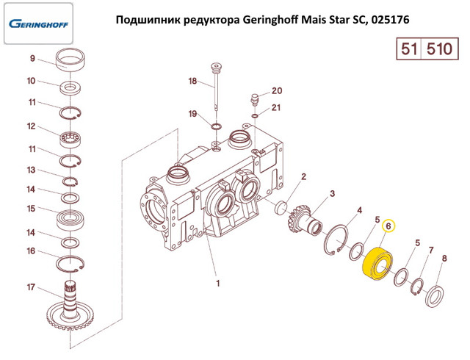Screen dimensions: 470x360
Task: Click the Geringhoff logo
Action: [38, 24]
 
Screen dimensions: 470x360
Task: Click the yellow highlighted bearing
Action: [377, 263]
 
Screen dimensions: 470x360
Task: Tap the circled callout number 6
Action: [388, 226]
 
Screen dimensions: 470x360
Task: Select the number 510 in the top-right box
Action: [439, 48]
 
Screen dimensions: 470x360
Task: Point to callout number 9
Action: [32, 58]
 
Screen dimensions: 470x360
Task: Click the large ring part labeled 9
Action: [70, 60]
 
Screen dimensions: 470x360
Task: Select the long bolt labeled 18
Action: [216, 87]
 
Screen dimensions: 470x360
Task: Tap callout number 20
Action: [277, 90]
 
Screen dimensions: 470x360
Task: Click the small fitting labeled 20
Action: [255, 100]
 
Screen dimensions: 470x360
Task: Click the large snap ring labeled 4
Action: [336, 240]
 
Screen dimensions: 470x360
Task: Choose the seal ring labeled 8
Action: [435, 297]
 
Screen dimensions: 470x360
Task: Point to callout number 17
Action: [31, 287]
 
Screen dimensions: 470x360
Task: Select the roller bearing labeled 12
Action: [70, 140]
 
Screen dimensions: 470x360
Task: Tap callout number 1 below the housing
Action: [218, 283]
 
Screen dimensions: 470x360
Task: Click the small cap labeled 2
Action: [281, 208]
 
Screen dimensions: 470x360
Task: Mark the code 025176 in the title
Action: [390, 20]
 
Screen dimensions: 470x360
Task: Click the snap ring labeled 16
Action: [70, 264]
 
